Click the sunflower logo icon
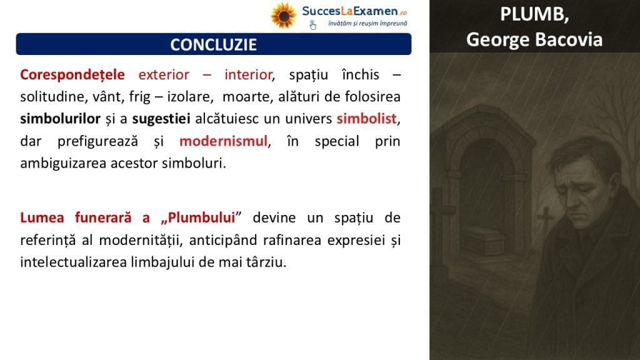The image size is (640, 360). tap(284, 16)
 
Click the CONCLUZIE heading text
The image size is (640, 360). tap(214, 44)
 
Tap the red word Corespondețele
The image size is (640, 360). tap(72, 75)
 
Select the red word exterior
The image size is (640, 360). tap(164, 75)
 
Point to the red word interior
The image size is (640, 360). tap(248, 75)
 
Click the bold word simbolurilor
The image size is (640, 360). tap(61, 119)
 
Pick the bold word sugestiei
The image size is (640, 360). tap(161, 119)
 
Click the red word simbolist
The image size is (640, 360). tap(366, 119)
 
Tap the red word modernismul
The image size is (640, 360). tap(223, 141)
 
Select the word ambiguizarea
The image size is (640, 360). tap(63, 163)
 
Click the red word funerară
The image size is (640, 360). tap(103, 217)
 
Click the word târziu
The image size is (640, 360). tap(266, 262)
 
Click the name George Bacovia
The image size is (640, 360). tap(534, 39)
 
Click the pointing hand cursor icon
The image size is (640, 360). tap(312, 25)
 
